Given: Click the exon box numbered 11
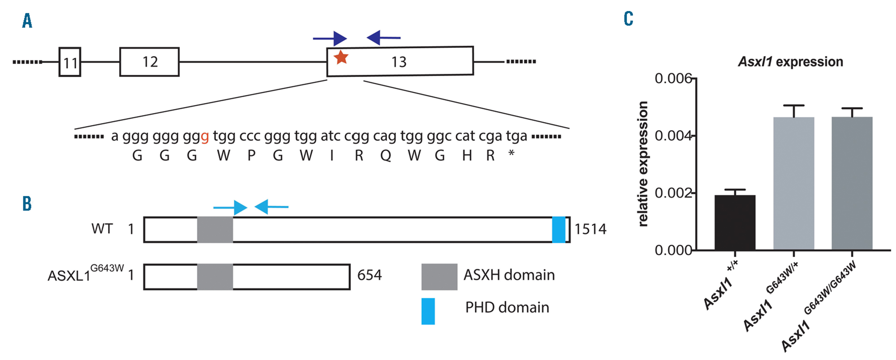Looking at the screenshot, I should click(70, 62).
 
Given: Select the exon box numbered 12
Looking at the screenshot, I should click(149, 62).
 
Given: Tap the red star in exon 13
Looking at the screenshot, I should click(341, 57).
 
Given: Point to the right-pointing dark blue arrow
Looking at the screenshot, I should click(330, 39).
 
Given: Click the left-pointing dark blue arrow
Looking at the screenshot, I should click(383, 38).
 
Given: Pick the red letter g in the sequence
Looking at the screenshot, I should click(205, 137).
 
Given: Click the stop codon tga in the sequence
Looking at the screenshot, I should click(516, 136).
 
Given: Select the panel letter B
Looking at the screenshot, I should click(27, 204).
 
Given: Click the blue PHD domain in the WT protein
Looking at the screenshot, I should click(559, 230).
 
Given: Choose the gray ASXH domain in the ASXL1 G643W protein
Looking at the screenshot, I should click(215, 277).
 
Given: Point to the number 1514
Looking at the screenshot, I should click(590, 229).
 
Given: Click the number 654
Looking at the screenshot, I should click(369, 275).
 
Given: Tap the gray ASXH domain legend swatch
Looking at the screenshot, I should click(439, 277).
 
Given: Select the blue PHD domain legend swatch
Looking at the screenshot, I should click(428, 311).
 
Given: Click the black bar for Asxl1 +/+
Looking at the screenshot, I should click(735, 223).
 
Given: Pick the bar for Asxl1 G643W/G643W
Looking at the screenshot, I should click(852, 184).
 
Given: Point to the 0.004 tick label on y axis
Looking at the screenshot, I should click(673, 136).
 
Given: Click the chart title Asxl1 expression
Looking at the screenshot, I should click(790, 62).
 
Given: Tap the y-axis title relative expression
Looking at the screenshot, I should click(642, 164).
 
